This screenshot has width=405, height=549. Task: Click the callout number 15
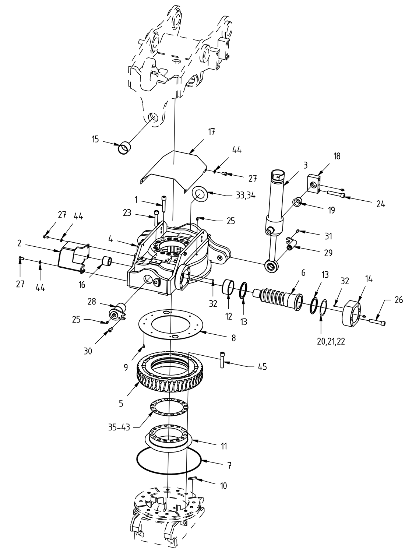point(95,140)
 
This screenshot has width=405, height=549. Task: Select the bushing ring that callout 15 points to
point(124,148)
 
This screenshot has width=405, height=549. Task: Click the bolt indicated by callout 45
point(222,359)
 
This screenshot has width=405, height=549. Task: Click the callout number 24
point(381,204)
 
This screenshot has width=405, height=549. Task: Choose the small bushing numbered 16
point(107,262)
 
